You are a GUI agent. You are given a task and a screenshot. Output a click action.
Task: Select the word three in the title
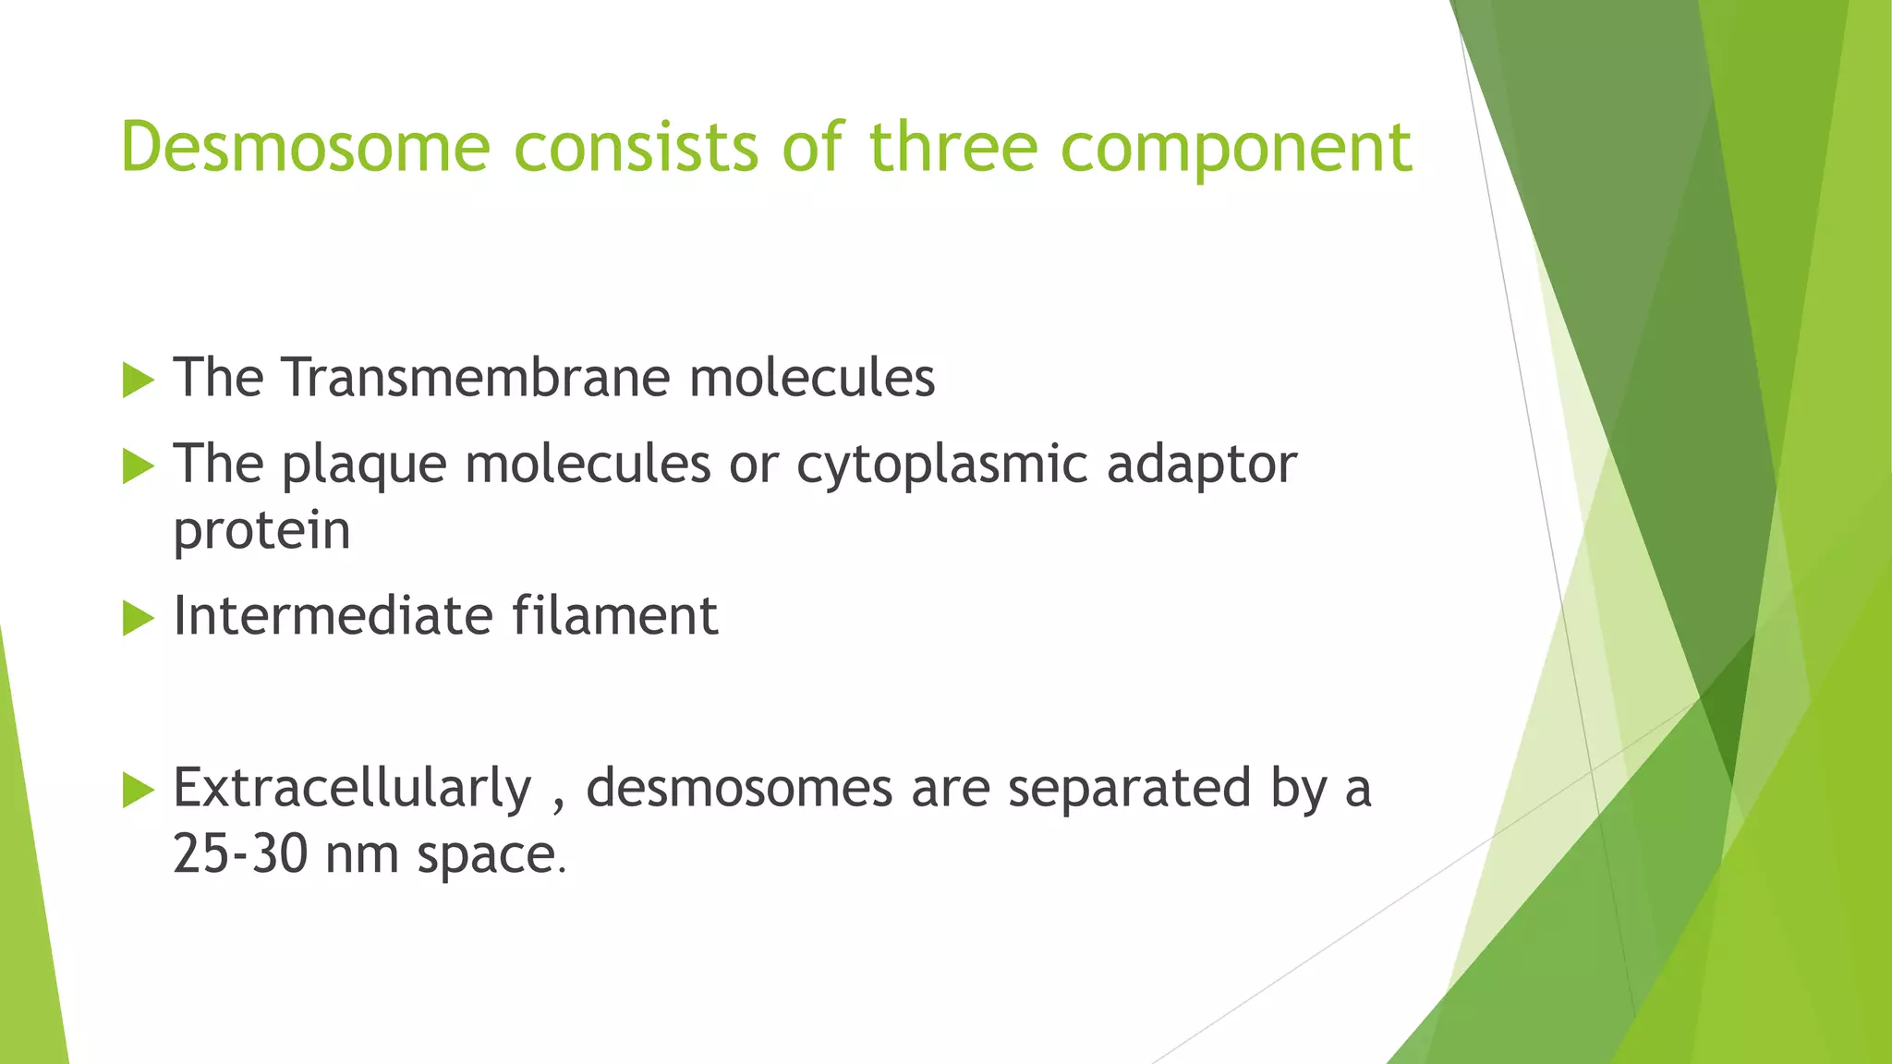point(953,148)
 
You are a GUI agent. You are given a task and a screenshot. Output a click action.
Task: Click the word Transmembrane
point(476,378)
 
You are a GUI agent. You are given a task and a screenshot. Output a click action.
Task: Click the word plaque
point(364,465)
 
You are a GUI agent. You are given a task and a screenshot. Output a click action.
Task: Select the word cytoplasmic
point(942,465)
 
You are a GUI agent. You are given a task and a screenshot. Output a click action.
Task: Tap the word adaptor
point(1202,465)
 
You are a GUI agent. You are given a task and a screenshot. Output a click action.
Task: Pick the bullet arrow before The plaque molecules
point(138,466)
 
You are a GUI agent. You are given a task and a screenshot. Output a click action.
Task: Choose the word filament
point(615,616)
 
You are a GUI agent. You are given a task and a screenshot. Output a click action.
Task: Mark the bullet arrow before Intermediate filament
point(138,618)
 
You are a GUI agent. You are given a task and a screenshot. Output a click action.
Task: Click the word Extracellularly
point(353,789)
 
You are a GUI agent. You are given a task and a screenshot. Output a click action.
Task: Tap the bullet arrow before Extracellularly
point(138,790)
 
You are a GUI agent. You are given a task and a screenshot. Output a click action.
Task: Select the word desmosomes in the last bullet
point(739,789)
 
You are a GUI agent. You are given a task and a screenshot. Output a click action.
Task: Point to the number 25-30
point(240,854)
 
